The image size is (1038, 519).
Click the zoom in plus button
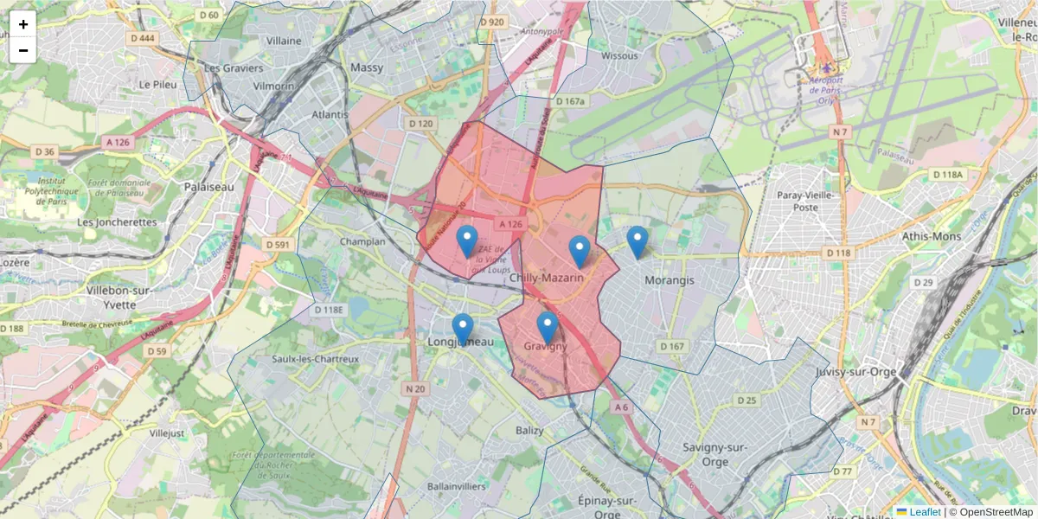click(23, 24)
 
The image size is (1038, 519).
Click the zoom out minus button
click(23, 50)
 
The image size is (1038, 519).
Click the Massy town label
click(367, 67)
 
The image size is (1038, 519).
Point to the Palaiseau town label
click(208, 186)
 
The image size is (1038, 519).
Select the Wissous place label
click(619, 56)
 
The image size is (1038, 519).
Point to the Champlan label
click(362, 241)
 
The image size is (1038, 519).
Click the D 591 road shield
click(278, 245)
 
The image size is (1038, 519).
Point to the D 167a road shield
click(571, 101)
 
